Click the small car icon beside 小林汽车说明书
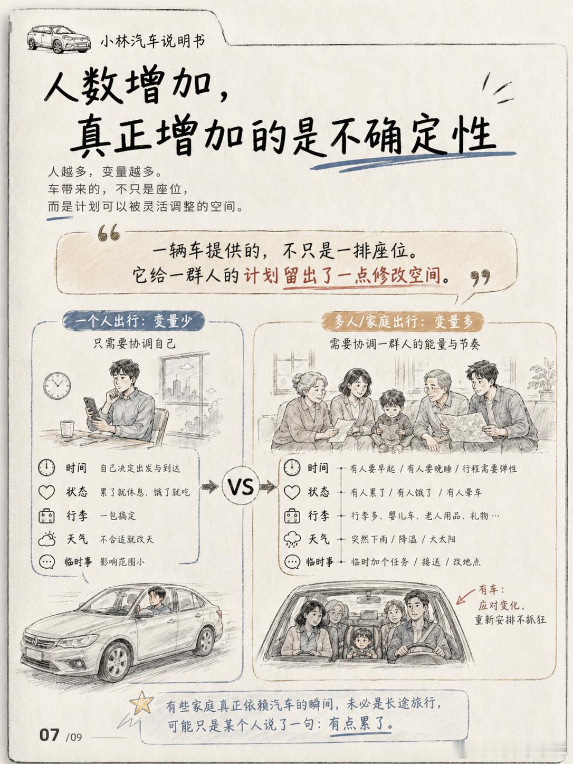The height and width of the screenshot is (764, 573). point(59,39)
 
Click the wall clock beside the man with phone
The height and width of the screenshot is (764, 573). point(57,386)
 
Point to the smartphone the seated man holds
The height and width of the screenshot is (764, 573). point(91,408)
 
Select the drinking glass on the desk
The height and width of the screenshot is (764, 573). point(67,428)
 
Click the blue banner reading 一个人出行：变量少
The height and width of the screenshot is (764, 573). point(133,321)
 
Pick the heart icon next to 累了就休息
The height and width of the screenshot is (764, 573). point(46,492)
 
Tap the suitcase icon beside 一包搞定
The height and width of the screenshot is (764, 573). point(46,516)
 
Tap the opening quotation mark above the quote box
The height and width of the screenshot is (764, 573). point(109,233)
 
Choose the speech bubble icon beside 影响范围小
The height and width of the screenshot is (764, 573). point(47,562)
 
